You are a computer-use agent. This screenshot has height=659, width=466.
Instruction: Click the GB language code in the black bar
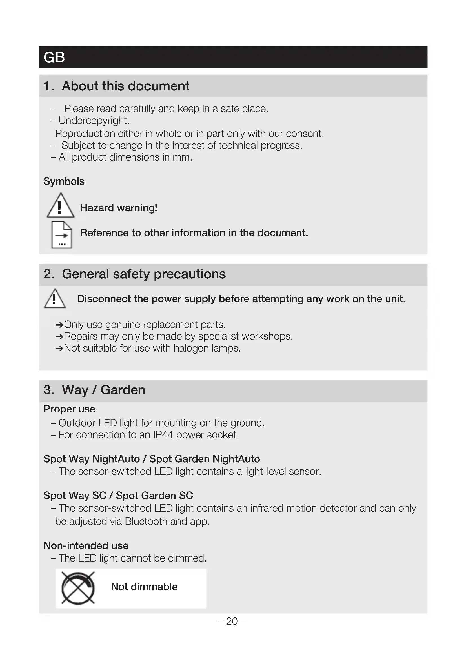[x=54, y=57]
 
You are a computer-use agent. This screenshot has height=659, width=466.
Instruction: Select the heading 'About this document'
[x=125, y=86]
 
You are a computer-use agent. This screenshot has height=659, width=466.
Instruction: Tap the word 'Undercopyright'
[x=94, y=121]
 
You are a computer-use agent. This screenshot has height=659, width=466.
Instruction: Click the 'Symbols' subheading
[x=64, y=181]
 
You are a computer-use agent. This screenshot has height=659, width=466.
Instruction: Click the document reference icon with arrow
[x=61, y=234]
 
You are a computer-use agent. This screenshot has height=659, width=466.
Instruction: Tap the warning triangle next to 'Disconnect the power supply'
[x=55, y=298]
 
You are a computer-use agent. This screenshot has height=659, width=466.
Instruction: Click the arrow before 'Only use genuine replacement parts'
[x=59, y=325]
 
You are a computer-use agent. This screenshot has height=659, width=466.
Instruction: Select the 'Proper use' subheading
[x=69, y=409]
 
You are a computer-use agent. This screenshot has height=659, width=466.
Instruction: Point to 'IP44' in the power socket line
[x=163, y=435]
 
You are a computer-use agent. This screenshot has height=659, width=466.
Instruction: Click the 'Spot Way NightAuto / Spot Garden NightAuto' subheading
[x=152, y=459]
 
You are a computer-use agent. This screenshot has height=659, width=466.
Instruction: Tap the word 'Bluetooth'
[x=146, y=521]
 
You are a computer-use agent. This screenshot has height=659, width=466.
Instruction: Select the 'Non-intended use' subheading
[x=86, y=545]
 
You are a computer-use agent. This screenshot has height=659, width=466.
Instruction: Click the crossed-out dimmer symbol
[x=78, y=588]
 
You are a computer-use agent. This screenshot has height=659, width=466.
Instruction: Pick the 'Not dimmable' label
[x=144, y=587]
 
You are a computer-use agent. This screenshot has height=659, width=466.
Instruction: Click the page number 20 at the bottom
[x=232, y=621]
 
